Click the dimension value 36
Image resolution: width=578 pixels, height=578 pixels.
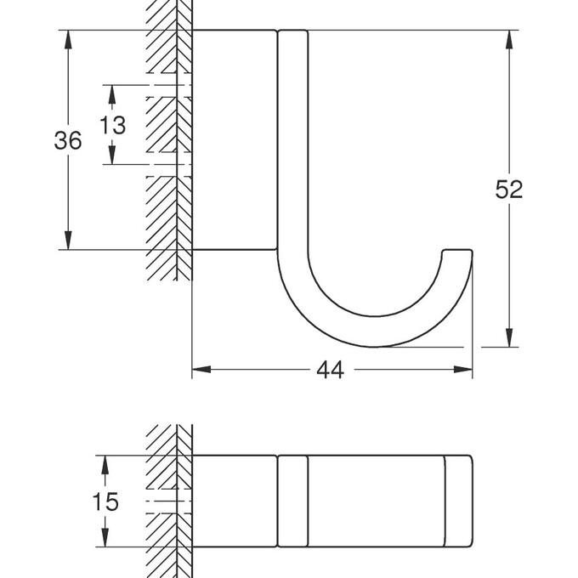coord(68,140)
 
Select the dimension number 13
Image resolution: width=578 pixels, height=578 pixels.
coord(112,126)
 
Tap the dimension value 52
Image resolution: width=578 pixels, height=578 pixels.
coord(508,190)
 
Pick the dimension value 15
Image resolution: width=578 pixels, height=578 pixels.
coord(105,501)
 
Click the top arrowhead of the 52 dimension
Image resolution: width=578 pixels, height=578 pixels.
coord(509,39)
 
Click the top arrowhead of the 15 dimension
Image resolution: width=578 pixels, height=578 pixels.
coord(105,463)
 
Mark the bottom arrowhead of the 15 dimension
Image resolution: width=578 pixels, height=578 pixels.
coord(105,538)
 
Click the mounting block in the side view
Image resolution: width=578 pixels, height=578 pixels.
coord(234,140)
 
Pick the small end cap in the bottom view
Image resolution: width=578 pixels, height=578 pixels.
coord(459,501)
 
